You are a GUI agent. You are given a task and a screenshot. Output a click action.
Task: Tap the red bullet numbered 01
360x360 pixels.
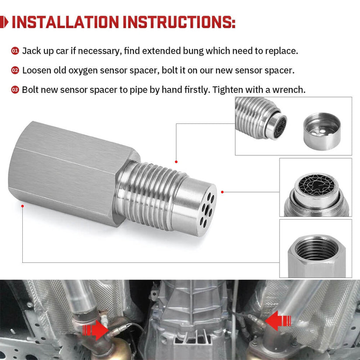tap(15, 51)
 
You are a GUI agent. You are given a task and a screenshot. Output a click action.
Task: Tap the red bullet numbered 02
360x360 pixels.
tap(15, 70)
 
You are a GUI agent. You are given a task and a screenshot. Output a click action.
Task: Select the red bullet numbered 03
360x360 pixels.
tap(15, 90)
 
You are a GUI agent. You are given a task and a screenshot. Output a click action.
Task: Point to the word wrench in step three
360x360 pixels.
tap(289, 90)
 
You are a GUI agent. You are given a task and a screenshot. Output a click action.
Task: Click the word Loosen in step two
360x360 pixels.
tap(37, 70)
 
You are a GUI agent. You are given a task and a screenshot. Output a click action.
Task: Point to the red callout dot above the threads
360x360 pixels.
tap(176, 162)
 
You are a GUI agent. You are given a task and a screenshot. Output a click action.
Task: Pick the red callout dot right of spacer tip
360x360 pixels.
tap(222, 192)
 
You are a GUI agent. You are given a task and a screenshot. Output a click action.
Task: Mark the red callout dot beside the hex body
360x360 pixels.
tap(22, 203)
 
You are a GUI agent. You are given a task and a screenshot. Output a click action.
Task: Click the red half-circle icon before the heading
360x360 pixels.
tap(4, 22)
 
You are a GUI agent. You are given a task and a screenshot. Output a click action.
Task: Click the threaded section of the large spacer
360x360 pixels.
tap(149, 192)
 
